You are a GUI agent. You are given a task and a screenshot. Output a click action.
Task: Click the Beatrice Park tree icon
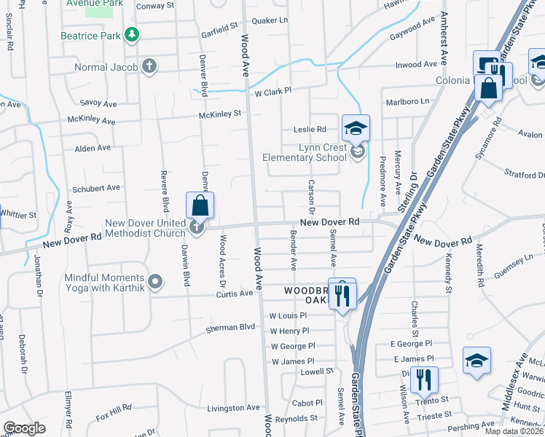pos(131,34)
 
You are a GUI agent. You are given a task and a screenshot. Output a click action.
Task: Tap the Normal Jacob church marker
pos(149,68)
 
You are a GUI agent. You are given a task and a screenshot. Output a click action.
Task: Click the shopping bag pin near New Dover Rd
pos(200,206)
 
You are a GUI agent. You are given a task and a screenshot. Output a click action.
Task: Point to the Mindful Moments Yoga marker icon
pos(154,281)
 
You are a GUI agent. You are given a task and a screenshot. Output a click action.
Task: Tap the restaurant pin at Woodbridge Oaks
pos(342,294)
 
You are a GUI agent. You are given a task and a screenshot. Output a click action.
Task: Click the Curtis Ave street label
pos(234,294)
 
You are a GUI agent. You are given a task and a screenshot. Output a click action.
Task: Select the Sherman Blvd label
pos(231,327)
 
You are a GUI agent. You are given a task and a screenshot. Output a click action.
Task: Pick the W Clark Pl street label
pos(272,92)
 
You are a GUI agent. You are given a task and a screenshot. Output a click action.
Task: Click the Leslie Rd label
pos(309,129)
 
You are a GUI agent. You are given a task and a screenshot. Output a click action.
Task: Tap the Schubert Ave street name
pos(96,187)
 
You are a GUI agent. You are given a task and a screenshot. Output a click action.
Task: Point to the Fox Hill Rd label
pos(111,408)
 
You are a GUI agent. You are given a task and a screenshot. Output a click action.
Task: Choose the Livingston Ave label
pos(233,408)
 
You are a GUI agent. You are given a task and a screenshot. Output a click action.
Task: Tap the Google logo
pos(24,428)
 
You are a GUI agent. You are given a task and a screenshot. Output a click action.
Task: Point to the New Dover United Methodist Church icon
pos(197,228)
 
